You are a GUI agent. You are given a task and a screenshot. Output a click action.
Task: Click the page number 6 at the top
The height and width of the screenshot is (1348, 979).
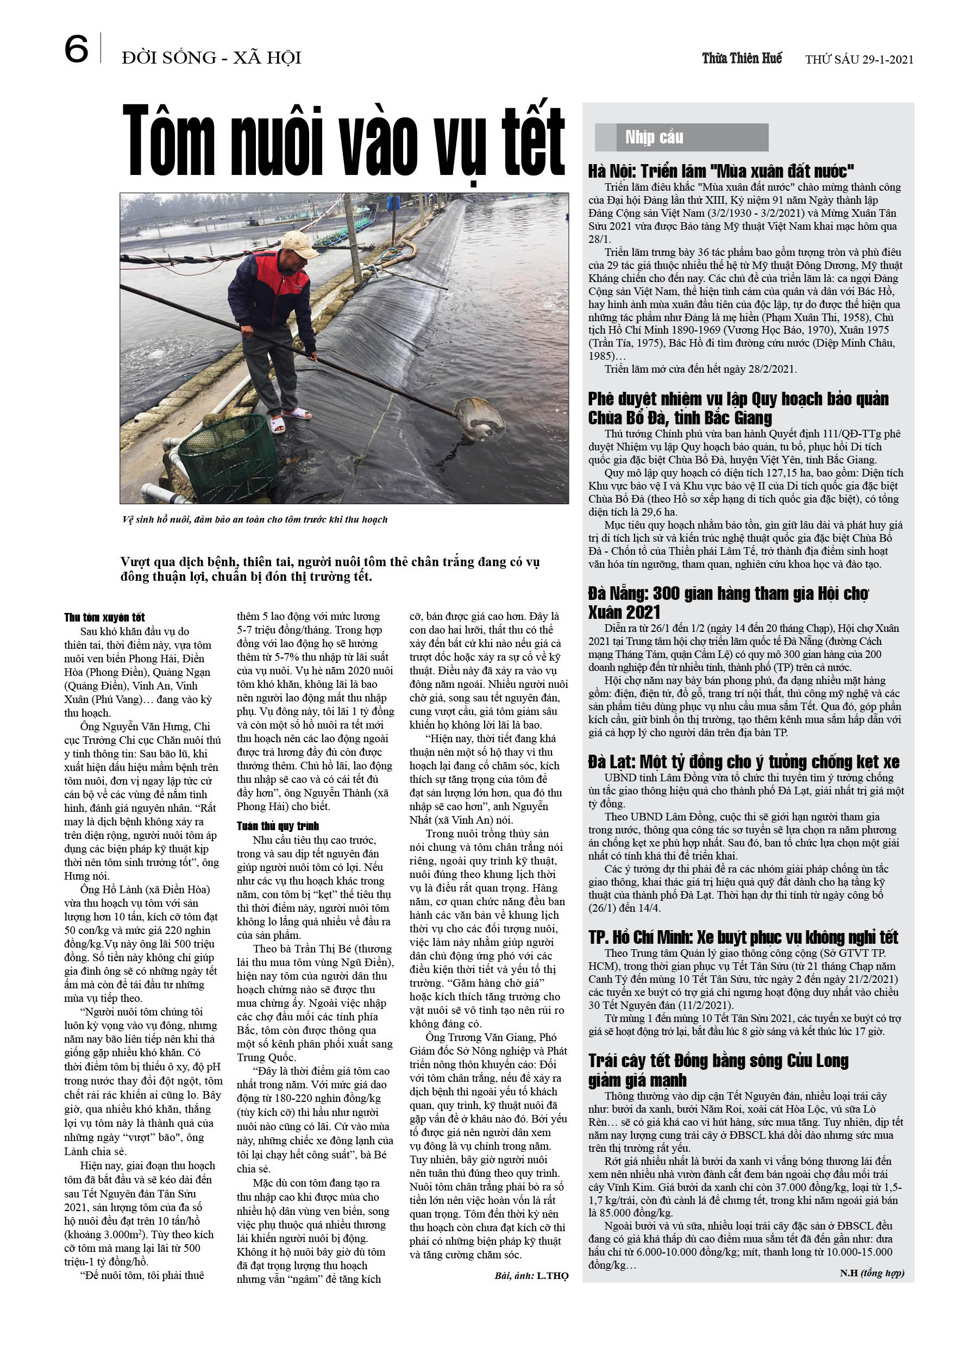coord(76,49)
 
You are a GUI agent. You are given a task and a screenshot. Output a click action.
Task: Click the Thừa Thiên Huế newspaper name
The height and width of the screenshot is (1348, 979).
coord(742,58)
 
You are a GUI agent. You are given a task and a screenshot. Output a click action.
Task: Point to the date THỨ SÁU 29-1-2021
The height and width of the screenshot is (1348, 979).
coord(859,59)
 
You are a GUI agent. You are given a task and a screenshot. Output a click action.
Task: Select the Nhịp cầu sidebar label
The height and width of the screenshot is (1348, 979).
coord(654,137)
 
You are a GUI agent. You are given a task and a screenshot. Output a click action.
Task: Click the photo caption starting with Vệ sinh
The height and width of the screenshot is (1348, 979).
coord(254,519)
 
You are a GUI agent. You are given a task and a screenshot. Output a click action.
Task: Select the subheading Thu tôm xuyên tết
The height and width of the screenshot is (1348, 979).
coord(105,617)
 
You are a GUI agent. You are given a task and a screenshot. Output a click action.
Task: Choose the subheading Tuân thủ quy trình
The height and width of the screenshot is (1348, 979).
coord(278,825)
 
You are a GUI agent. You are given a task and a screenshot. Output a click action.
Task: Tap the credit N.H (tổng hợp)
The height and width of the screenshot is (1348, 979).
coord(871,1272)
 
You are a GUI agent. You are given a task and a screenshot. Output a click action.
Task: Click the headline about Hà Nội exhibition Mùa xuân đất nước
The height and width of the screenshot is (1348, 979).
coord(720,171)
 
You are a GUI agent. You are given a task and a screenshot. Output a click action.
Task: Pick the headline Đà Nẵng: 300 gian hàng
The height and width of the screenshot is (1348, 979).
coord(728,602)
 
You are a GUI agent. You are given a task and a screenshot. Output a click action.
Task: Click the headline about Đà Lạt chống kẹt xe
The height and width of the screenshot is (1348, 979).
coord(744,762)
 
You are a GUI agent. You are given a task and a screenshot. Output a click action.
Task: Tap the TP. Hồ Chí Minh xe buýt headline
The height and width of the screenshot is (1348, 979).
coord(743,937)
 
